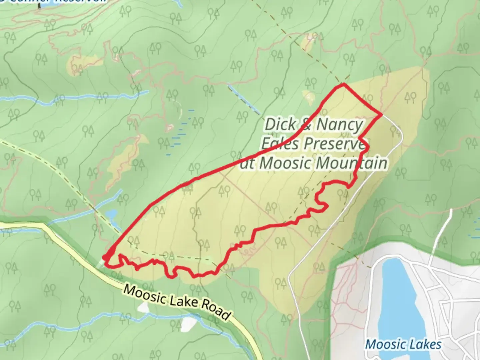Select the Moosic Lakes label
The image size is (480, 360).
(403, 344)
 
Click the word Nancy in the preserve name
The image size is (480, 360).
(339, 125)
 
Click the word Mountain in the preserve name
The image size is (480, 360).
(351, 163)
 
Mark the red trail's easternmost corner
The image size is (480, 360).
(381, 115)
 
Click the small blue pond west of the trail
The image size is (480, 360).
(111, 213)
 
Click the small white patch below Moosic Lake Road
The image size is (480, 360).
(189, 323)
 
